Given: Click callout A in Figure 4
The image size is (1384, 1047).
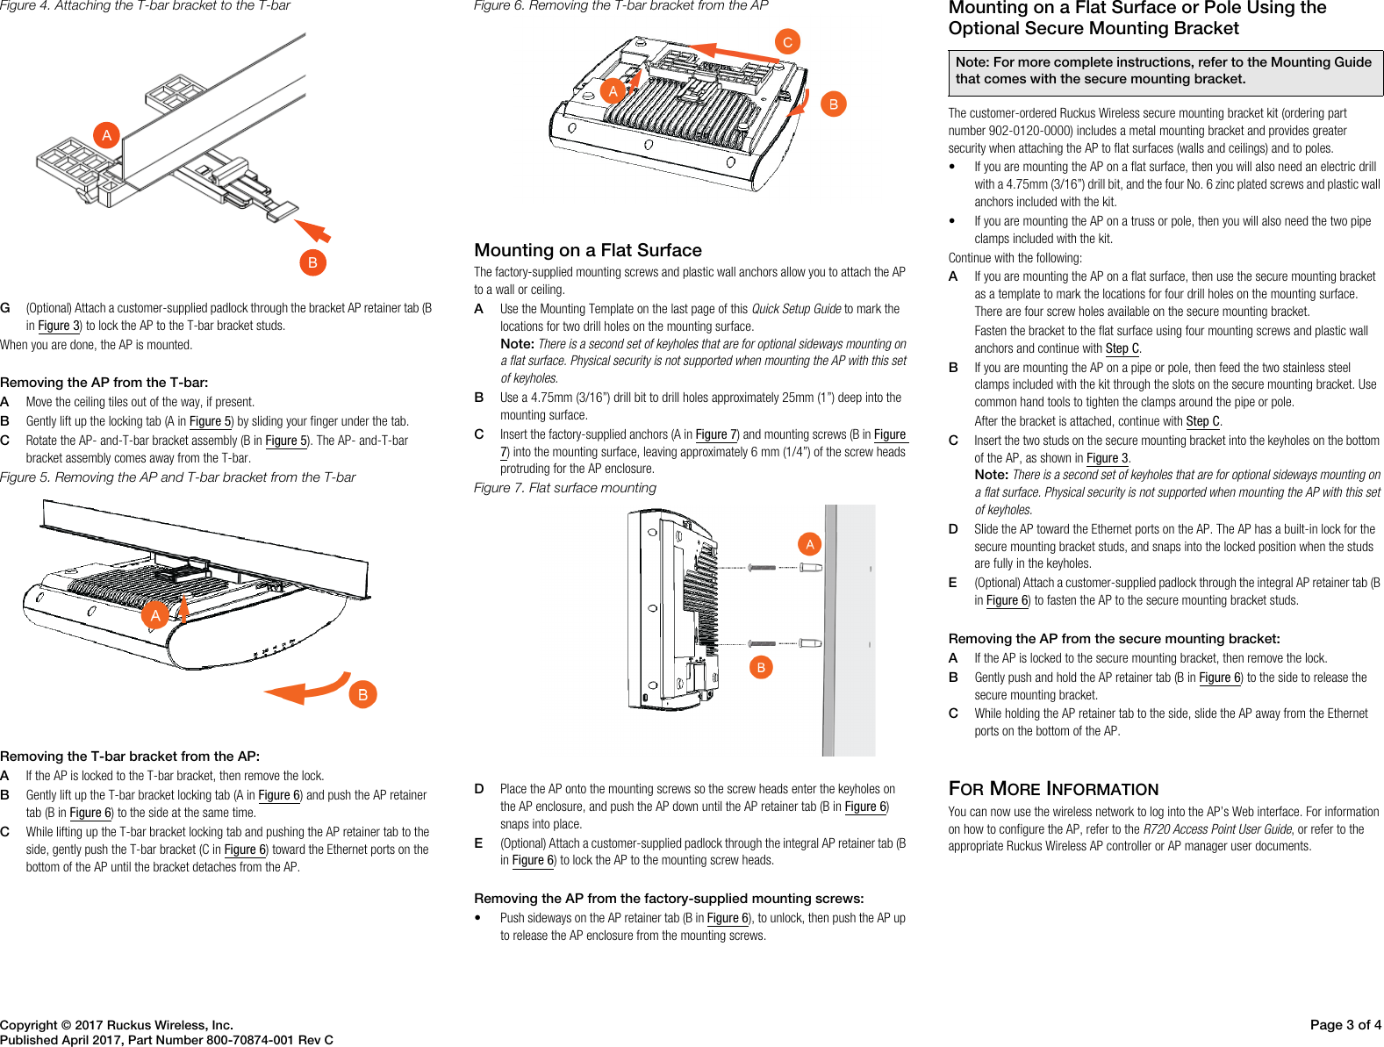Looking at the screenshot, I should point(106,135).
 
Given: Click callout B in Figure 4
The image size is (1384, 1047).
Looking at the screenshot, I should point(312,262).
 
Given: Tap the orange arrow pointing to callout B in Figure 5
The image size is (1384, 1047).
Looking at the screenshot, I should point(307,690).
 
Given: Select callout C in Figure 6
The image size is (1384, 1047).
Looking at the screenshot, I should point(787,41).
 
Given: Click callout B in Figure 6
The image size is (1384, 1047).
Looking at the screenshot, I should point(833,104).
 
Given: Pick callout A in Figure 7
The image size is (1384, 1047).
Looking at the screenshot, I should point(809,544).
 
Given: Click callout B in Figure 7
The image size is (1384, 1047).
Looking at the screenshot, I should point(761,667).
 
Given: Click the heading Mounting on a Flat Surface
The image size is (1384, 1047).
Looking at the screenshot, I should point(587,250).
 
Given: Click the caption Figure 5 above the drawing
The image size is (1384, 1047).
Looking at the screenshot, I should point(178,477).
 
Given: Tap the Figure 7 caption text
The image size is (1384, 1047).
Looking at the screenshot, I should point(564,488).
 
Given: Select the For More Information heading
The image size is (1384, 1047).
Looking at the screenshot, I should point(1053,788).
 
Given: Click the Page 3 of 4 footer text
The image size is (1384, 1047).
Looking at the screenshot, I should point(1345,1024).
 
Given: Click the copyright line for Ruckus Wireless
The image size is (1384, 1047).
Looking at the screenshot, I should point(117,1024).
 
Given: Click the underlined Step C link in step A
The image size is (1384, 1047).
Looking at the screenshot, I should point(1122,348).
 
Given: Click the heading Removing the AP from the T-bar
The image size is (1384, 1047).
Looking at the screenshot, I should point(104,383).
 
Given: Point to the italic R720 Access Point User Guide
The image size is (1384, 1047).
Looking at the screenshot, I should point(1217,829).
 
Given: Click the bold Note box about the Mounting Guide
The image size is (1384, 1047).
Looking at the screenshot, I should point(1165,71).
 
